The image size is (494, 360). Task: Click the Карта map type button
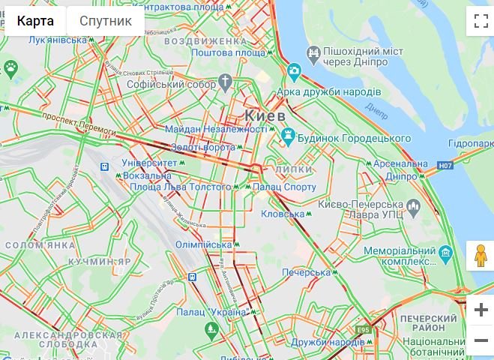pyautogui.click(x=35, y=21)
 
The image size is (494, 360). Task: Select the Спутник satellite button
pyautogui.click(x=105, y=21)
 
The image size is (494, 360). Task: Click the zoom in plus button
pyautogui.click(x=481, y=310)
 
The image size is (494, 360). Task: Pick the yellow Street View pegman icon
pyautogui.click(x=481, y=256)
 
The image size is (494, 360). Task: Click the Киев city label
pyautogui.click(x=265, y=116)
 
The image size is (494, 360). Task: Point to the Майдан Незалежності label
pyautogui.click(x=216, y=129)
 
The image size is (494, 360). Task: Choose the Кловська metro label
pyautogui.click(x=283, y=214)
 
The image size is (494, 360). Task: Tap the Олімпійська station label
pyautogui.click(x=203, y=245)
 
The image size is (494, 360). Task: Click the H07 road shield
pyautogui.click(x=445, y=164)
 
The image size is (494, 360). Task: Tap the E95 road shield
pyautogui.click(x=364, y=328)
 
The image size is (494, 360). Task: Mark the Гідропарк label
pyautogui.click(x=472, y=143)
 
